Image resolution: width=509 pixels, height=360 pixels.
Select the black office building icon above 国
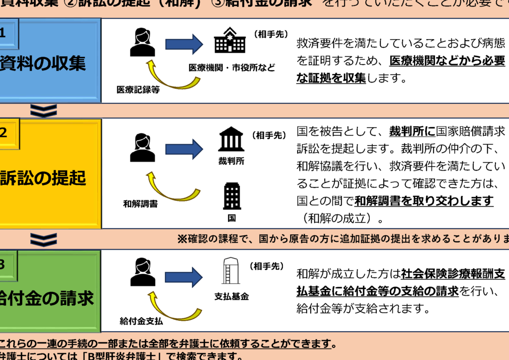click(x=232, y=196)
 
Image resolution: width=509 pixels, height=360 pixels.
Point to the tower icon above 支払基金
click(x=230, y=271)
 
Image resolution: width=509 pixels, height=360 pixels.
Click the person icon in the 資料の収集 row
click(x=142, y=42)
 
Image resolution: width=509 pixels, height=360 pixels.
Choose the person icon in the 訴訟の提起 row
click(x=142, y=148)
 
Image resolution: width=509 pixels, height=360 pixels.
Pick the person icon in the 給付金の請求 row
click(x=142, y=272)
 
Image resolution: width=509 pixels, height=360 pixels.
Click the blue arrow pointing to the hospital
click(x=184, y=44)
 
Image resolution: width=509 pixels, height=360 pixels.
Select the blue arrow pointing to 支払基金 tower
click(x=184, y=277)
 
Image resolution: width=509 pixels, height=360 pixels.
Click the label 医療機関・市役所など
click(x=232, y=68)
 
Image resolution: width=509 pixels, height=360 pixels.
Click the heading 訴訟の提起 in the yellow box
click(x=44, y=178)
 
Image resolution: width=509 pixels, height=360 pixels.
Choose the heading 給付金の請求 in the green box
click(x=47, y=298)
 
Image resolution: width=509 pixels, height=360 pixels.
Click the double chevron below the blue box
click(x=44, y=110)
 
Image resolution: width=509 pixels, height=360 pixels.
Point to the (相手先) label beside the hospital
click(x=271, y=34)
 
